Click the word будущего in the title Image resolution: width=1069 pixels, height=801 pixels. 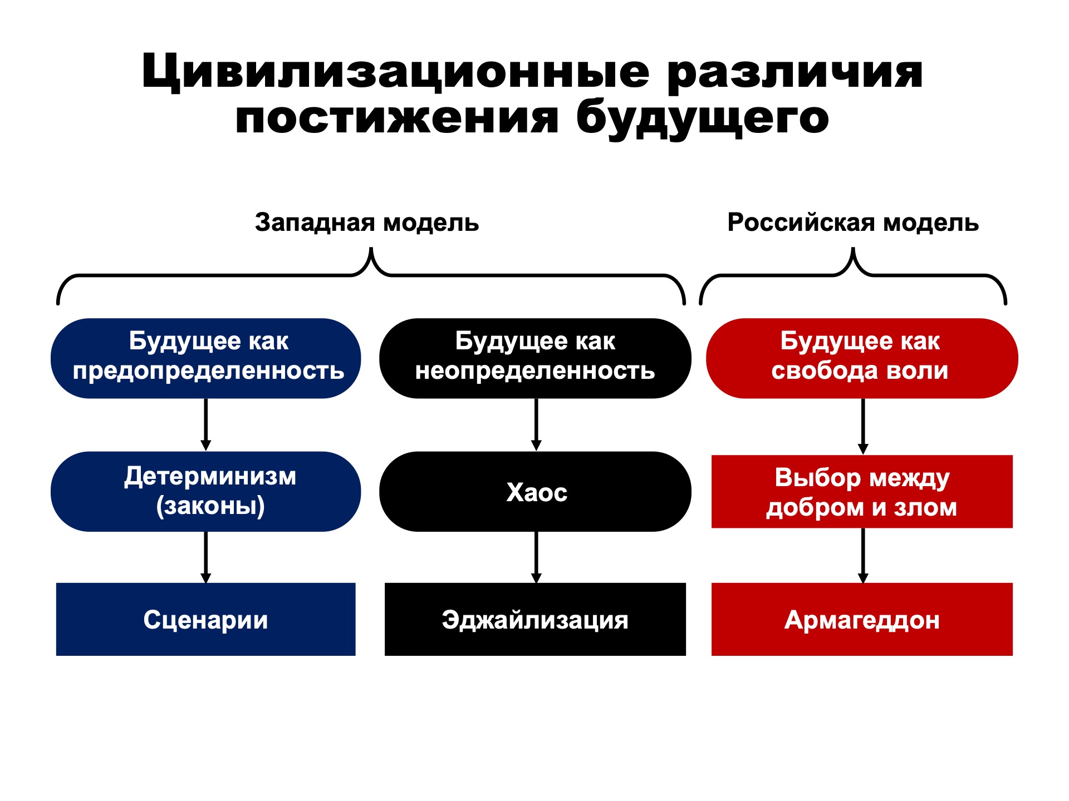coord(703,118)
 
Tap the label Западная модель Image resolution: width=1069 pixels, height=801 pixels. coord(367,222)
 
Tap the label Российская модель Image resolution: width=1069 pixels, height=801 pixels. coord(853,222)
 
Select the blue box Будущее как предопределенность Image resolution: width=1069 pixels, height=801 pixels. coord(206,358)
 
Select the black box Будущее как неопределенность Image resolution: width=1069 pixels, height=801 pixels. coord(535,358)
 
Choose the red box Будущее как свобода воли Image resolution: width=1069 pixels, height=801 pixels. coord(862,358)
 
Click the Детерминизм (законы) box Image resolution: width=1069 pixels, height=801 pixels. coord(206,492)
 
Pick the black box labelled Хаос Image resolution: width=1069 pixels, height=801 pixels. coord(535,492)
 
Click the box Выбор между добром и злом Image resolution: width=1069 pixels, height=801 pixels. coord(862,492)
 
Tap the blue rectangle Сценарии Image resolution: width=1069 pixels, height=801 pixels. coord(206,619)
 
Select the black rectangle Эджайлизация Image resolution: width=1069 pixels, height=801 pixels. coord(535,619)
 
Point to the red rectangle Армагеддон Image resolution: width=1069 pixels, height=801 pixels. coord(862,619)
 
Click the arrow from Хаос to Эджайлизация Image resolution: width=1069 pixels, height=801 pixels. coord(536,557)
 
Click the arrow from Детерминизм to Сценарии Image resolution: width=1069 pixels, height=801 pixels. coord(206,557)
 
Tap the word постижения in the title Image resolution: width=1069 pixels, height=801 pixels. coord(396,118)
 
